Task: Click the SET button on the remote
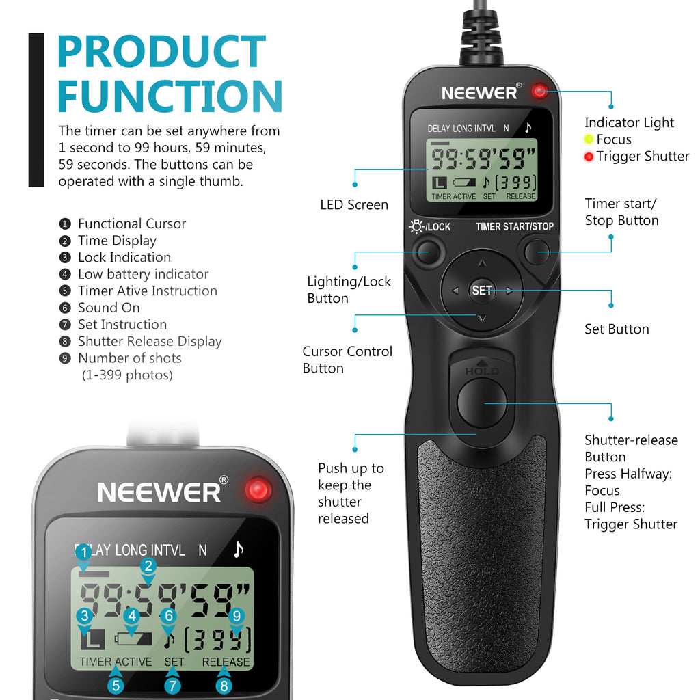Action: (x=482, y=291)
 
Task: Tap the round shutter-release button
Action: (x=482, y=403)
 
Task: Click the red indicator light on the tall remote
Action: (x=540, y=91)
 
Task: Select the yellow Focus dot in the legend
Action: (x=589, y=139)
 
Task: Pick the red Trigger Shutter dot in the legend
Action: (x=589, y=157)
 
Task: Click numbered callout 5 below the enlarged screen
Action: (x=116, y=686)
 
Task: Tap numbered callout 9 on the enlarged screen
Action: (x=237, y=616)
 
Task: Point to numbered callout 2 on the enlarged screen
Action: (x=148, y=565)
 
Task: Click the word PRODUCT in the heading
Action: (x=161, y=52)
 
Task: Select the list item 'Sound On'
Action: (x=109, y=308)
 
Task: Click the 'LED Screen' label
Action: (x=354, y=205)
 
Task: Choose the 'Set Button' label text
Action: (x=617, y=329)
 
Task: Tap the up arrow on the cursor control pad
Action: (x=482, y=263)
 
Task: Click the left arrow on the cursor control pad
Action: (x=455, y=291)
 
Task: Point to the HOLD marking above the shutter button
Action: (x=482, y=371)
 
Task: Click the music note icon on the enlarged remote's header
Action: (x=239, y=550)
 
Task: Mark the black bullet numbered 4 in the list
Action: (x=65, y=274)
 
